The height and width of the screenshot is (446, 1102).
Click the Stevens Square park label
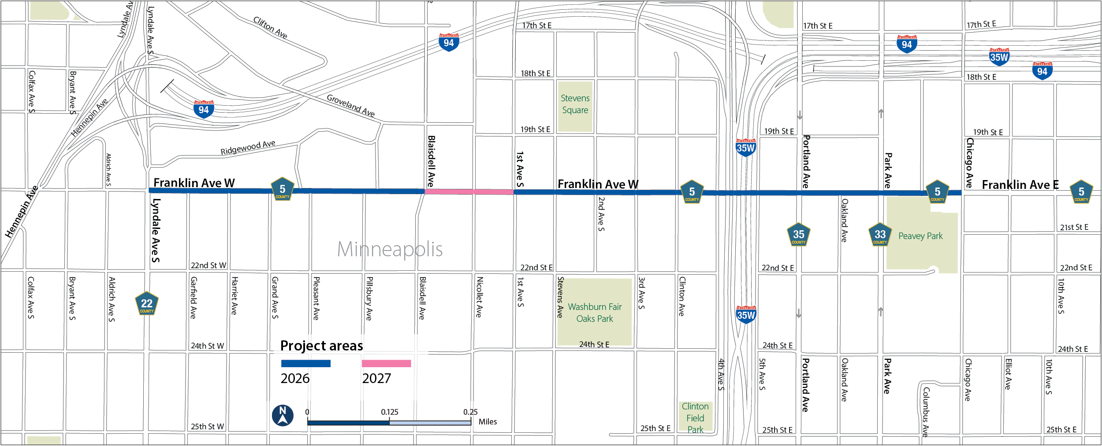click(x=575, y=104)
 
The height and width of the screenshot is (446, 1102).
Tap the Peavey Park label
click(x=920, y=236)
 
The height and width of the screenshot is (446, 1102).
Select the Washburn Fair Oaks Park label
click(x=595, y=313)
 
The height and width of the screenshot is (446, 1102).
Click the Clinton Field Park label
click(x=695, y=418)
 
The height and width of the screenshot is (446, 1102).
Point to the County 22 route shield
click(x=147, y=304)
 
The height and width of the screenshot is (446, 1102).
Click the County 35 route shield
click(x=798, y=235)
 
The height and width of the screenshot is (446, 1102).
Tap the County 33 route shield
click(x=880, y=235)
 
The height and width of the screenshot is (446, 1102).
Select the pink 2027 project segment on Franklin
click(x=469, y=192)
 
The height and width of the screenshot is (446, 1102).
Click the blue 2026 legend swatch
click(x=305, y=364)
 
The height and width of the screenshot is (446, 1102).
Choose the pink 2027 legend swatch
click(x=386, y=364)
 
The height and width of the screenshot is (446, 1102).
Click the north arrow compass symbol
click(x=283, y=416)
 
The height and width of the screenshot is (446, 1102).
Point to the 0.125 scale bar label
click(x=390, y=412)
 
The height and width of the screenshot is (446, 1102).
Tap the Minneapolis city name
click(x=390, y=249)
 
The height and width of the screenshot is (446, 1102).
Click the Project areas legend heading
click(x=321, y=346)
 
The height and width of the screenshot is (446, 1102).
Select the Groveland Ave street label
click(x=350, y=106)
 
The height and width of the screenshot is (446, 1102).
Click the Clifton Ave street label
click(x=270, y=28)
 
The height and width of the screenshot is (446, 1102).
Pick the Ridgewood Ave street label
click(x=248, y=147)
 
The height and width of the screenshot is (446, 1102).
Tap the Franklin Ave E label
click(x=1020, y=185)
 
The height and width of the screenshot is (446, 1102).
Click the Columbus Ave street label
click(x=926, y=411)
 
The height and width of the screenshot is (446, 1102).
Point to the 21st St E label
click(x=1074, y=228)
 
